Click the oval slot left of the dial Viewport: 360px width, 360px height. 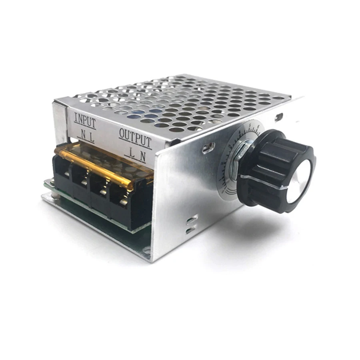coord(208,148)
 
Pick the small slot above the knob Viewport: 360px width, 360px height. coord(279,117)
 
